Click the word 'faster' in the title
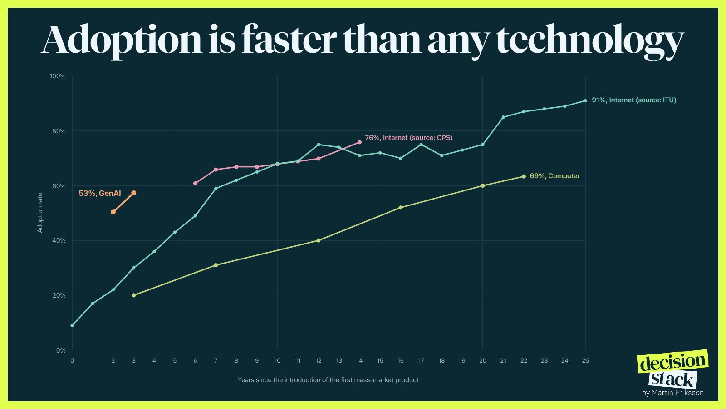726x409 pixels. [x=289, y=40]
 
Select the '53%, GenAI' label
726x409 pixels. [x=100, y=194]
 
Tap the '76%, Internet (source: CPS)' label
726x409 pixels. [x=409, y=138]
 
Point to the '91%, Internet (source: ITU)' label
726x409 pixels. [x=634, y=100]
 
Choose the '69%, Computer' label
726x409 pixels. [x=554, y=176]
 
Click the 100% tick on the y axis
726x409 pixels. [x=57, y=76]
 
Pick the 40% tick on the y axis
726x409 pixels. [x=59, y=240]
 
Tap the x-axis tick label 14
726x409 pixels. [x=359, y=361]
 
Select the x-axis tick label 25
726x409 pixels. [x=585, y=361]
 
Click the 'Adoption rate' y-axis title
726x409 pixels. [x=40, y=213]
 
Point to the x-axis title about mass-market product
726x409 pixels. [x=328, y=380]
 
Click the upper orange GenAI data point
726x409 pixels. [x=133, y=193]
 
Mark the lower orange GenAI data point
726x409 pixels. [x=113, y=212]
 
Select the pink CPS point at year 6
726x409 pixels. [x=195, y=184]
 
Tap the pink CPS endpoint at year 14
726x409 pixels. [x=359, y=142]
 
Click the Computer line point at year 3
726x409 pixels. [x=133, y=295]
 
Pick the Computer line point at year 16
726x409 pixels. [x=401, y=207]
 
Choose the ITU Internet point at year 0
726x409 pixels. [x=72, y=325]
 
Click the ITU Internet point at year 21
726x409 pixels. [x=503, y=117]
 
